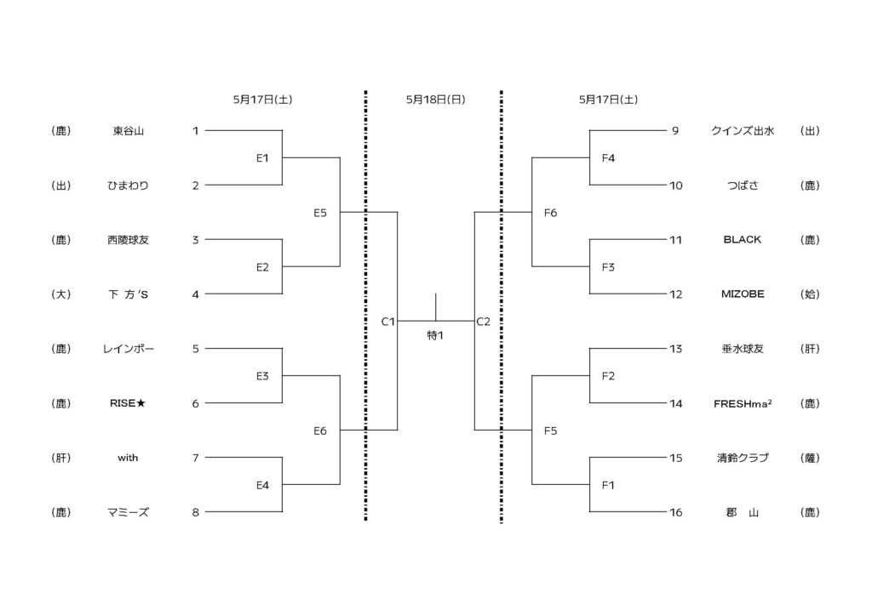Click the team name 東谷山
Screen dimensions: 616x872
coord(129,131)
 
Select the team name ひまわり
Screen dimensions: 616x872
coord(129,185)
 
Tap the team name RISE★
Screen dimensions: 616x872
coord(129,403)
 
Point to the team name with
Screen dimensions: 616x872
coord(129,458)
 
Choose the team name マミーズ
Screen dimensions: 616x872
coord(129,512)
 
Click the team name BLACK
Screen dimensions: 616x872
coord(742,240)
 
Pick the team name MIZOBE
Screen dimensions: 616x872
coord(742,294)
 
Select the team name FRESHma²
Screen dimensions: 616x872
coord(742,403)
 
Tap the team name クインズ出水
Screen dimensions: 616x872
coord(742,131)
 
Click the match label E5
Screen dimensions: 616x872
coord(319,213)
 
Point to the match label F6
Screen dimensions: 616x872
coord(550,213)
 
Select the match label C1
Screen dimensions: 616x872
coord(387,322)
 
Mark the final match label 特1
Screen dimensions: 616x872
coord(435,335)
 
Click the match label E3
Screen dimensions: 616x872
coord(263,376)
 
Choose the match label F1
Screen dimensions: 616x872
coord(608,485)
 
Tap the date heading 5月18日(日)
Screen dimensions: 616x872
coord(435,100)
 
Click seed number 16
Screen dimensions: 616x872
coord(676,512)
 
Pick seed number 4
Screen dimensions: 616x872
coord(196,294)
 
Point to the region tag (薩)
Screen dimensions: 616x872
coord(810,458)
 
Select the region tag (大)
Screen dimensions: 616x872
coord(60,294)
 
